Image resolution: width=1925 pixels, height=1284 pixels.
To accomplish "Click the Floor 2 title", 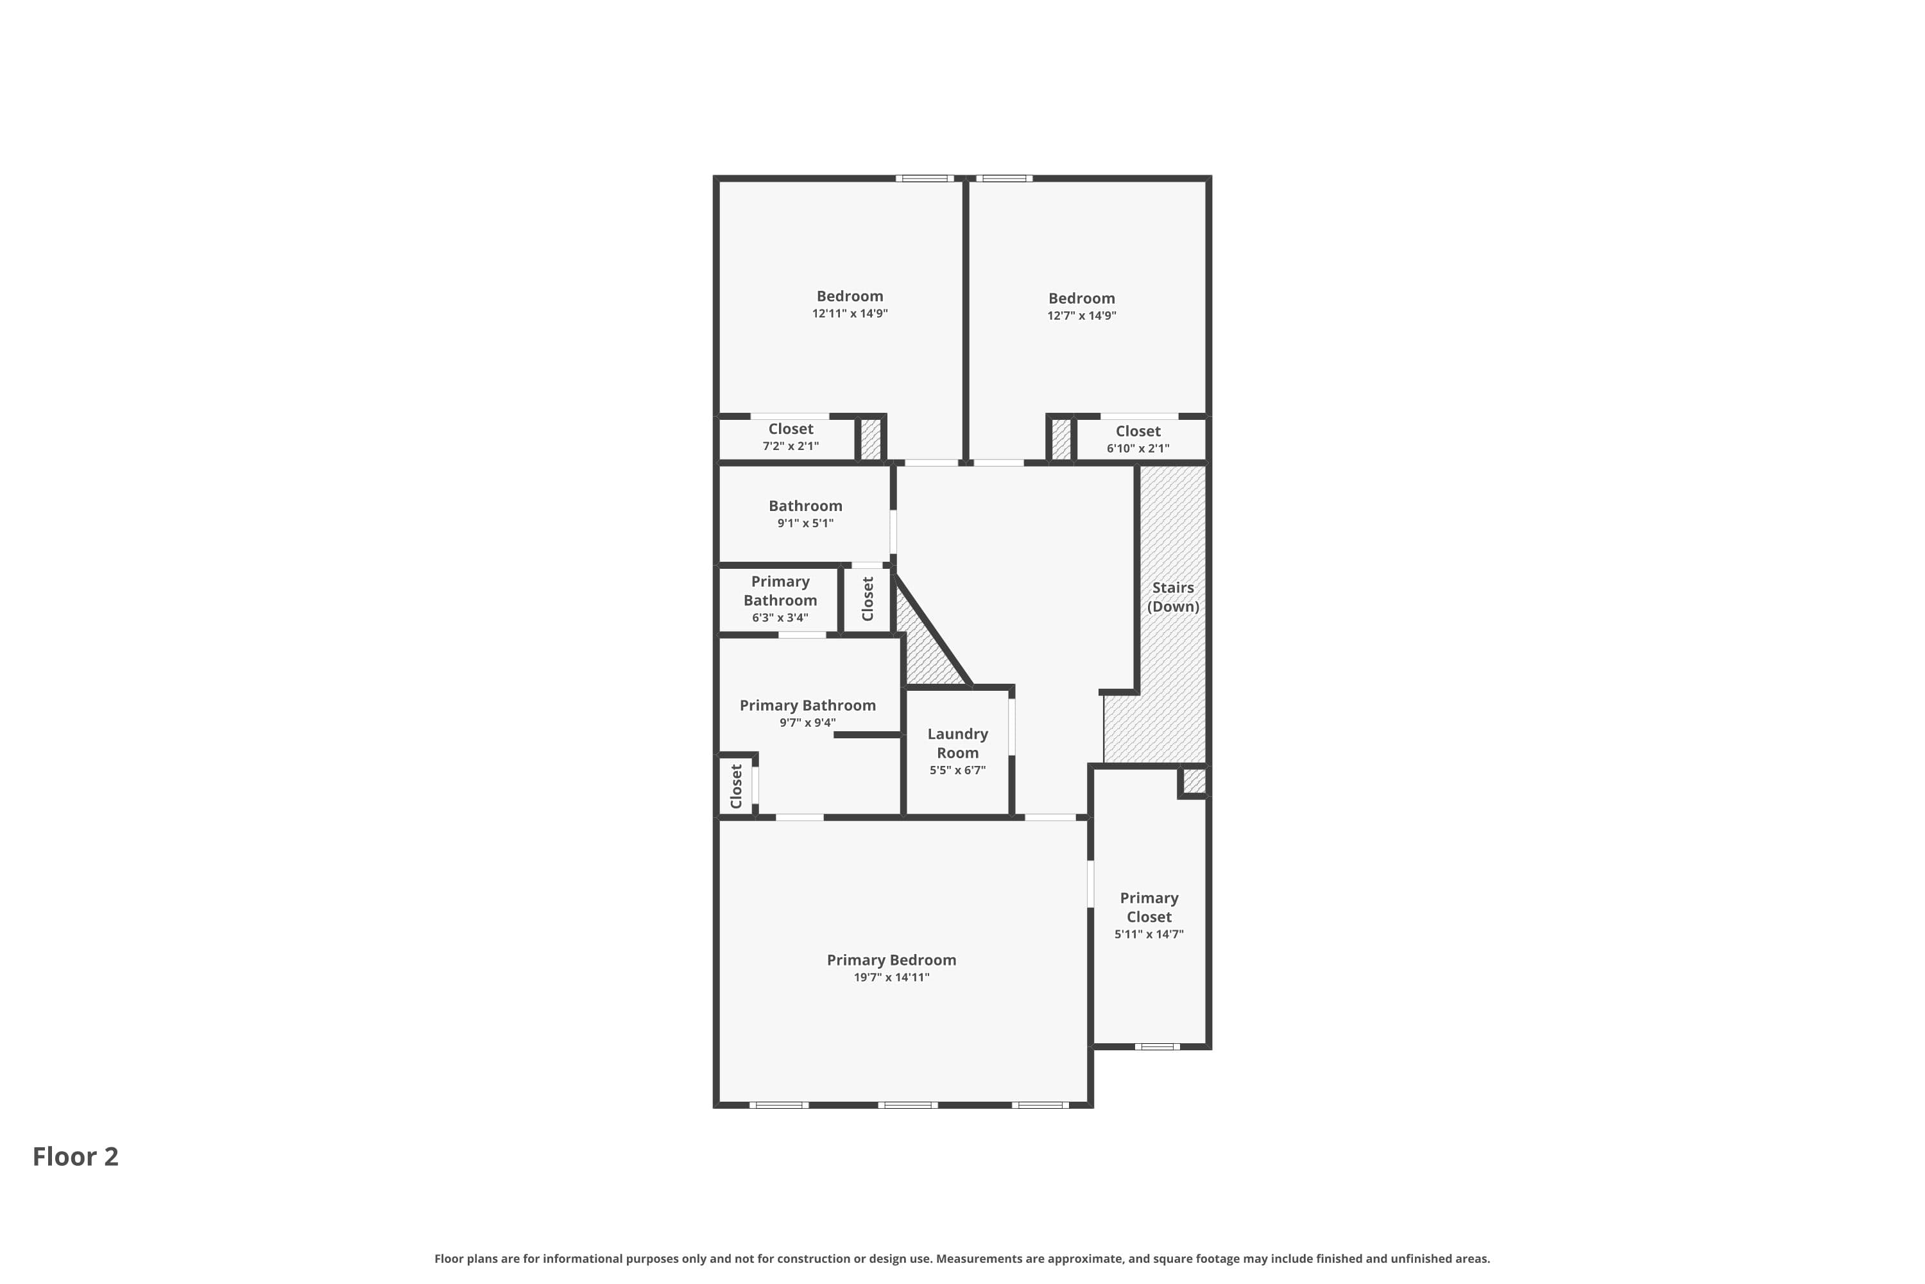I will (75, 1156).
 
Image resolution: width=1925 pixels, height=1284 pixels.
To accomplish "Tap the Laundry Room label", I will (957, 743).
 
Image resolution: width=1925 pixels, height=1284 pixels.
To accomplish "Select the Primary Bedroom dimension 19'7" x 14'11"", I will (891, 977).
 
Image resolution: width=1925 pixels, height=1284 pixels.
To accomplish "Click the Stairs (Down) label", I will (1172, 597).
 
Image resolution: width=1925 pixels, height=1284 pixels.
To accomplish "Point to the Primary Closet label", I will (1149, 907).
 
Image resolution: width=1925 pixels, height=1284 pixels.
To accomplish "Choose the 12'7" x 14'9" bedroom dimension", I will (1081, 316).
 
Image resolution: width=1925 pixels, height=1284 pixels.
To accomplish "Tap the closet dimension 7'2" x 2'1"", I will (790, 446).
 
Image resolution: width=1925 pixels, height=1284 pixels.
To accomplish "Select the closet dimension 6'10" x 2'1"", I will (1138, 449).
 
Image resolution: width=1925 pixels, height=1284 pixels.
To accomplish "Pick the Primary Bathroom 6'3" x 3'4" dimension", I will (780, 618).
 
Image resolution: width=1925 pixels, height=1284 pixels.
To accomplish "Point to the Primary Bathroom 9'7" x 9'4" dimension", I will (807, 723).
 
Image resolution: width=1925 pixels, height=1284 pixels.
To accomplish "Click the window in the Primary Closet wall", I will (1156, 1046).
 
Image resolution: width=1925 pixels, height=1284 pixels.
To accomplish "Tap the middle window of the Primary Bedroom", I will (908, 1105).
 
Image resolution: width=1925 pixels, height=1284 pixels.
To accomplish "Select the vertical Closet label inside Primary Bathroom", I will (736, 786).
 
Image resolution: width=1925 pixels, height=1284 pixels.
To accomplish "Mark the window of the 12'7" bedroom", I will (1004, 178).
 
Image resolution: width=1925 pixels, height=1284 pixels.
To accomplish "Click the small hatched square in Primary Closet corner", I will (1193, 781).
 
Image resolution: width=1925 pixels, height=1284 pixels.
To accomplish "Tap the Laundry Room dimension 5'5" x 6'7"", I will (957, 770).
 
